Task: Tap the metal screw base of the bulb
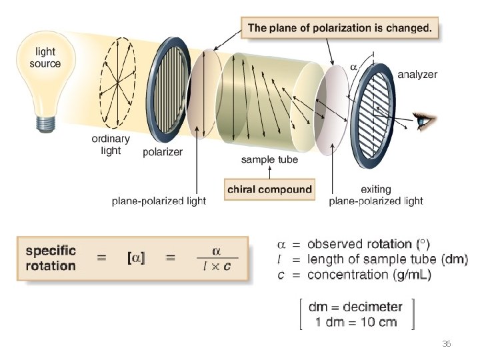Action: pos(45,122)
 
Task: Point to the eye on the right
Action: pos(424,121)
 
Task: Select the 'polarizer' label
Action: pos(163,152)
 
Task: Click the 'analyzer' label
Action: pos(417,75)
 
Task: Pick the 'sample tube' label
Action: pos(269,159)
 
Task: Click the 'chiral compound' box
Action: pos(269,189)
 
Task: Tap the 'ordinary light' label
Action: pos(111,145)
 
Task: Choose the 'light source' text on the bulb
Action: pos(45,58)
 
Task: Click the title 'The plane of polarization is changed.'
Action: pos(339,29)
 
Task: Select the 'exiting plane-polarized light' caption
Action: pos(376,195)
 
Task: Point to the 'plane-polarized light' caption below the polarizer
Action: pos(159,201)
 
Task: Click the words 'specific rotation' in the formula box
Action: pos(51,259)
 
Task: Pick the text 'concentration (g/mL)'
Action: pos(369,274)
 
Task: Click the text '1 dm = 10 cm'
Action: pos(356,322)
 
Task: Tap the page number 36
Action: pos(447,344)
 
